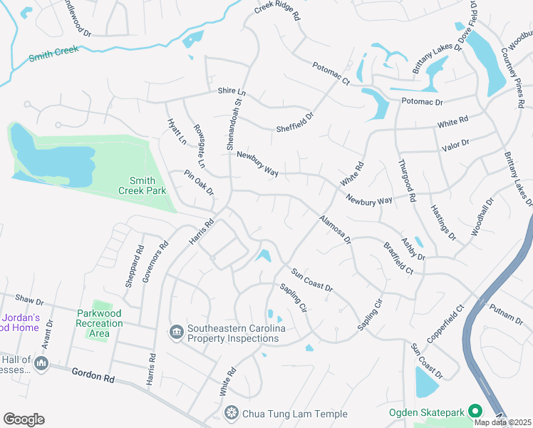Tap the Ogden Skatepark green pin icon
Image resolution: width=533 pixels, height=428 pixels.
[x=475, y=412]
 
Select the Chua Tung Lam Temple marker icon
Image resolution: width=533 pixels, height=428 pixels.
[x=231, y=413]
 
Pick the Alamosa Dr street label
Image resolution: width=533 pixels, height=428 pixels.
[x=336, y=229]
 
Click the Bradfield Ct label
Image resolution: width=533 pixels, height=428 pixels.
[x=398, y=260]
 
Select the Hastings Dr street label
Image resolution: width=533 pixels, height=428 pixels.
[x=443, y=222]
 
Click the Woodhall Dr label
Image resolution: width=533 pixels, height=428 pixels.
[x=482, y=218]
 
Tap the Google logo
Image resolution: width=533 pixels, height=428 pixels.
[x=24, y=419]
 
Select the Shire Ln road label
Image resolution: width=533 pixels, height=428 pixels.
[x=232, y=93]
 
